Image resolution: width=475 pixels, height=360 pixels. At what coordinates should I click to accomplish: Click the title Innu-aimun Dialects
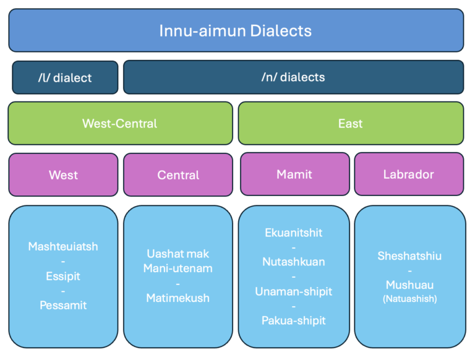[x=236, y=30]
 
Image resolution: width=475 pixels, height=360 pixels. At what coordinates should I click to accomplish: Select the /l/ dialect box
[x=64, y=78]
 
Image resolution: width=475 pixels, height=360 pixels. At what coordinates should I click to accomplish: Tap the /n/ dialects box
[x=293, y=77]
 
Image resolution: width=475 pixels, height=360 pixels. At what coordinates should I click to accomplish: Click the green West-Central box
[x=120, y=124]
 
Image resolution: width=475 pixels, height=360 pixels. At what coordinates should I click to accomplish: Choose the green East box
[x=350, y=124]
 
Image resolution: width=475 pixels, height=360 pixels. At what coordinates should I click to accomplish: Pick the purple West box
[x=63, y=175]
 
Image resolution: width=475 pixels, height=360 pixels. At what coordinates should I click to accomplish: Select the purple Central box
[x=178, y=175]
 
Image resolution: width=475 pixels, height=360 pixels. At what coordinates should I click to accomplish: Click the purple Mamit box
[x=294, y=174]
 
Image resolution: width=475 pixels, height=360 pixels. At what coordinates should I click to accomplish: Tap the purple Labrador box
[x=408, y=174]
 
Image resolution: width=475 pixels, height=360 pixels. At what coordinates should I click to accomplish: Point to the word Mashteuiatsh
[x=63, y=247]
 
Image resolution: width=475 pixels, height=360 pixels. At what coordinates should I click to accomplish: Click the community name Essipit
[x=63, y=276]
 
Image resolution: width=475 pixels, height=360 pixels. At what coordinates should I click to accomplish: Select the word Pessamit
[x=63, y=305]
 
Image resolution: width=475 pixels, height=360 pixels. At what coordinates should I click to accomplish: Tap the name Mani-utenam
[x=178, y=268]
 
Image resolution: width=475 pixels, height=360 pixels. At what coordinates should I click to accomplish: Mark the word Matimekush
[x=178, y=298]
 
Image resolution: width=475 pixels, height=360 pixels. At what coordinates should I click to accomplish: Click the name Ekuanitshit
[x=294, y=233]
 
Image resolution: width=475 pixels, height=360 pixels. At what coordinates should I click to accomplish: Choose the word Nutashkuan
[x=294, y=262]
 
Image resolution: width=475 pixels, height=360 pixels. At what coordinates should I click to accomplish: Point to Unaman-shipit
[x=294, y=291]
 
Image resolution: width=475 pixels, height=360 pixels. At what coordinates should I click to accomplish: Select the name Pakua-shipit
[x=294, y=320]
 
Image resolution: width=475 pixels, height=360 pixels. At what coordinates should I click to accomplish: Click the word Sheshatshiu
[x=409, y=256]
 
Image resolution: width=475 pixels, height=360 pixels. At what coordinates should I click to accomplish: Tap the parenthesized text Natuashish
[x=409, y=298]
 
